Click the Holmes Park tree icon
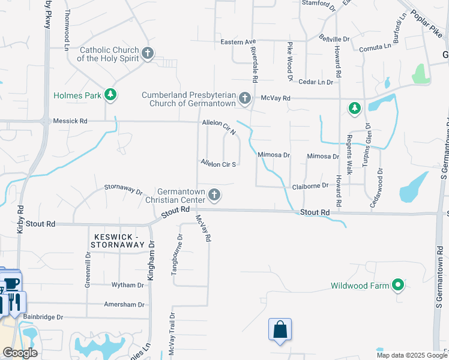click(110, 94)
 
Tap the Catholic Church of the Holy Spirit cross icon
click(148, 54)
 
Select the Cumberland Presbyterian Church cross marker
click(244, 98)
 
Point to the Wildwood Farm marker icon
click(397, 286)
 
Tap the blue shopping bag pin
click(280, 330)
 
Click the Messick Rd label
click(70, 121)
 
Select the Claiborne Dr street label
click(310, 185)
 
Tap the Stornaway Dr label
click(123, 190)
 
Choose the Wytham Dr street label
click(128, 285)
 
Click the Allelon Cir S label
click(218, 163)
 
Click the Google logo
click(20, 353)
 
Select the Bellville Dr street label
click(334, 38)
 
